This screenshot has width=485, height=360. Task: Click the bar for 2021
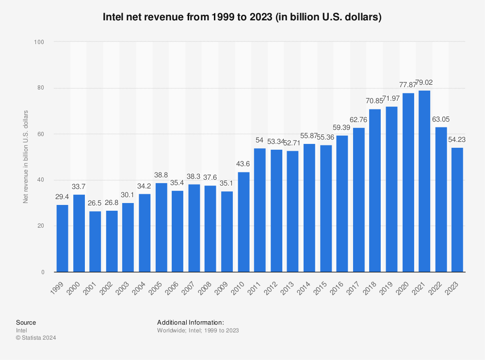coord(424,181)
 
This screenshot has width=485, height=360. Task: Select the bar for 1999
coord(62,238)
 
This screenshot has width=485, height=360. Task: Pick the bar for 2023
coord(457,210)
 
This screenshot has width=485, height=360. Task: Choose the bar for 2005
coord(161,227)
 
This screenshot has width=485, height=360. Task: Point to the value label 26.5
coord(95,204)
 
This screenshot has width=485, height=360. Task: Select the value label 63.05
coord(441,121)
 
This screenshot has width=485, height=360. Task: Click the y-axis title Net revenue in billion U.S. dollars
coord(26,157)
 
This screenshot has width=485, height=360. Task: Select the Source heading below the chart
coord(26,322)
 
